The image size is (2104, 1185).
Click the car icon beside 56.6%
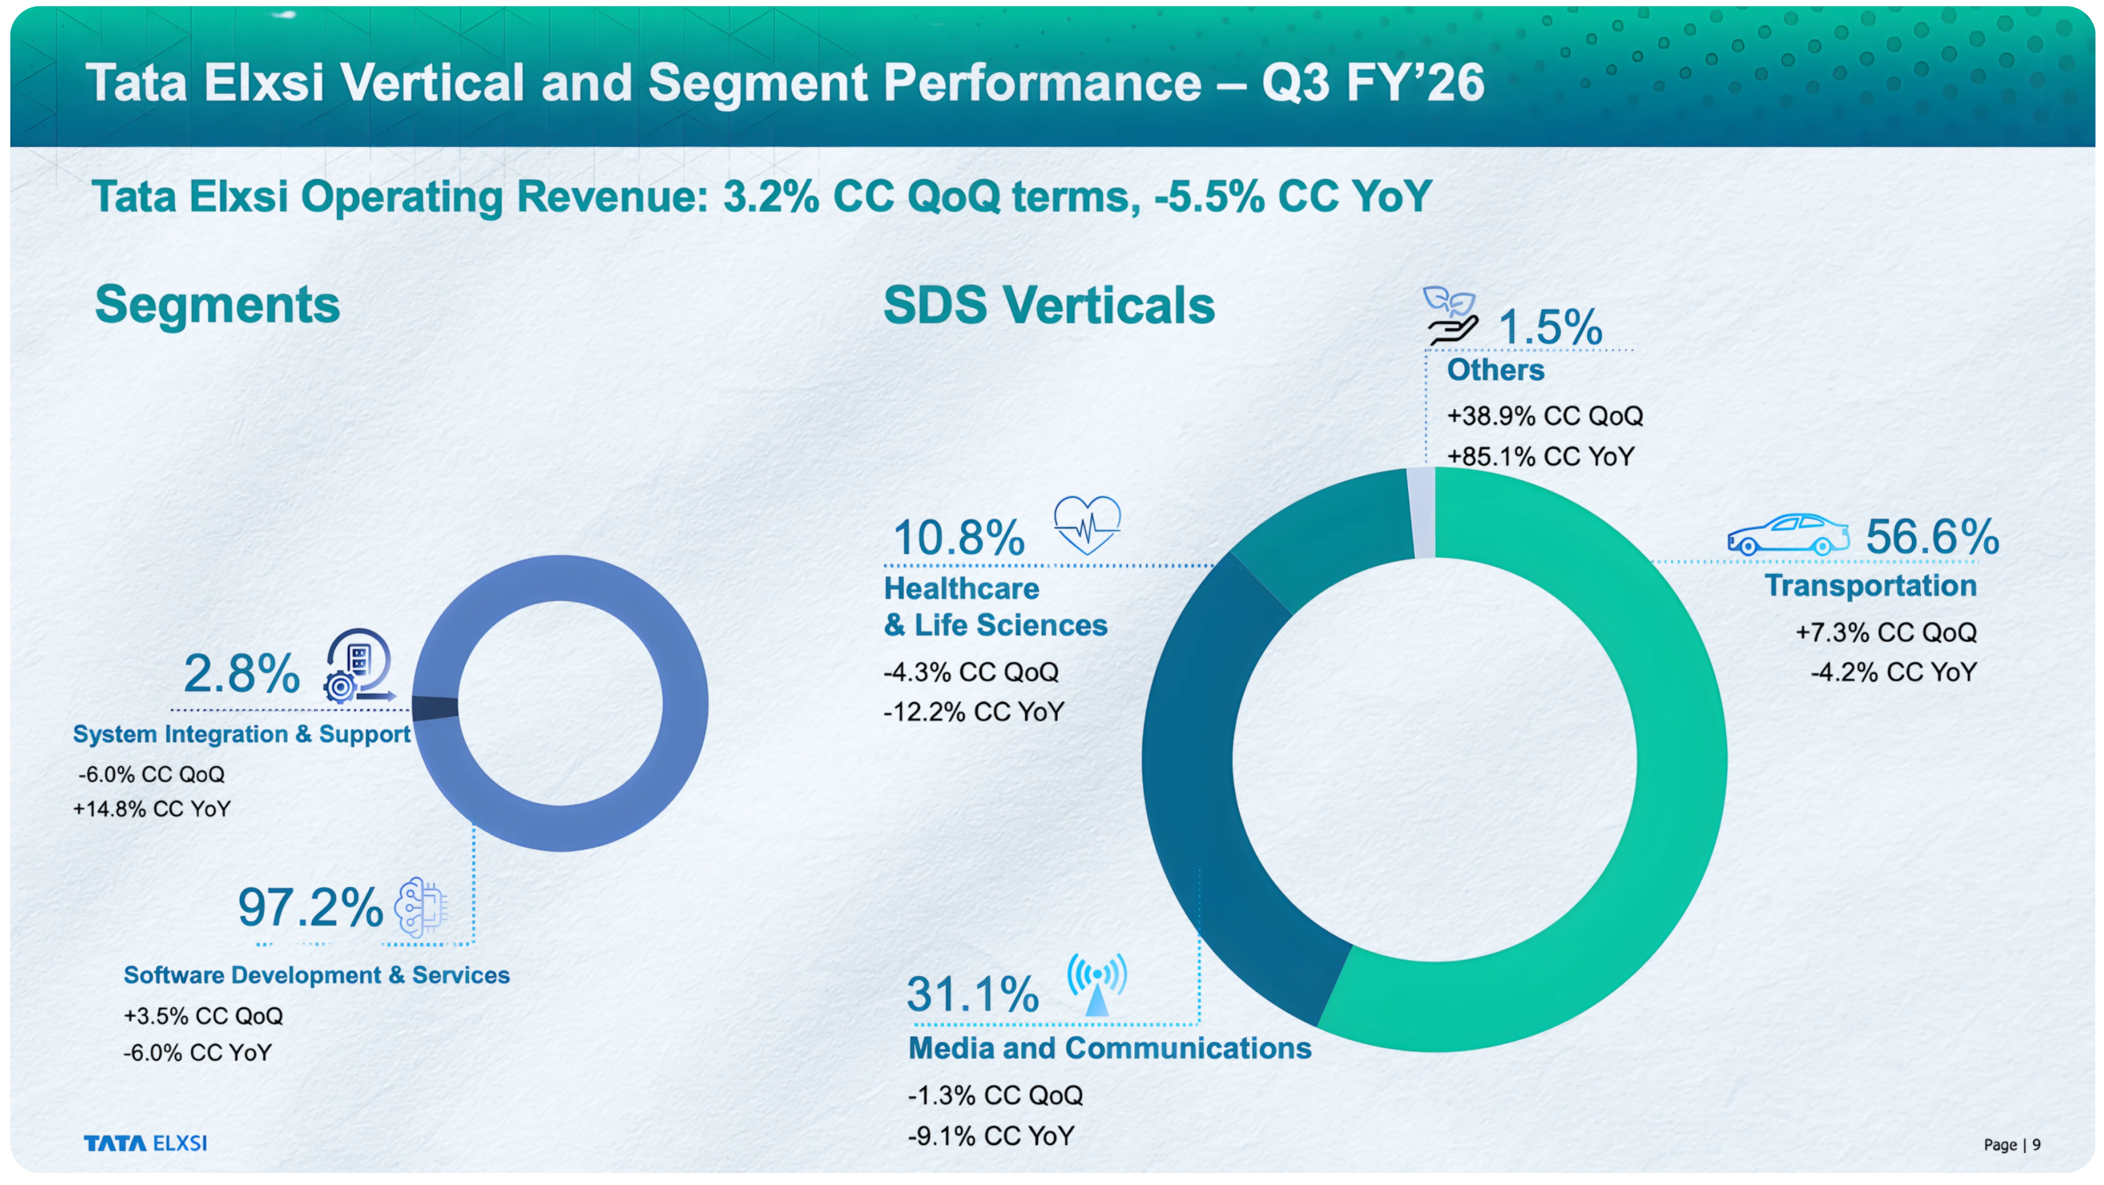tap(1787, 535)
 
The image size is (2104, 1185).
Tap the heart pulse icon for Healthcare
tap(1087, 525)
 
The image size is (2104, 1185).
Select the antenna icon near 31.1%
tap(1097, 984)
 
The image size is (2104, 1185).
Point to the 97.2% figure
tap(309, 907)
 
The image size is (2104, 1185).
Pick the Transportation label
tap(1870, 585)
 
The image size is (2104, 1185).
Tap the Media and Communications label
tap(1109, 1048)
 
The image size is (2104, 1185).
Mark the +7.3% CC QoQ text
tap(1885, 632)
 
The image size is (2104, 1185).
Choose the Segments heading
tap(217, 305)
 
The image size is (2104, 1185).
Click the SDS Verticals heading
tap(1049, 306)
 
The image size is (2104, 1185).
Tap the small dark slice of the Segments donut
tap(434, 707)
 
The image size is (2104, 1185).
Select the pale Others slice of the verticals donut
tap(1422, 513)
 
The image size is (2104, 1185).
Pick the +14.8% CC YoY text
tap(152, 809)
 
